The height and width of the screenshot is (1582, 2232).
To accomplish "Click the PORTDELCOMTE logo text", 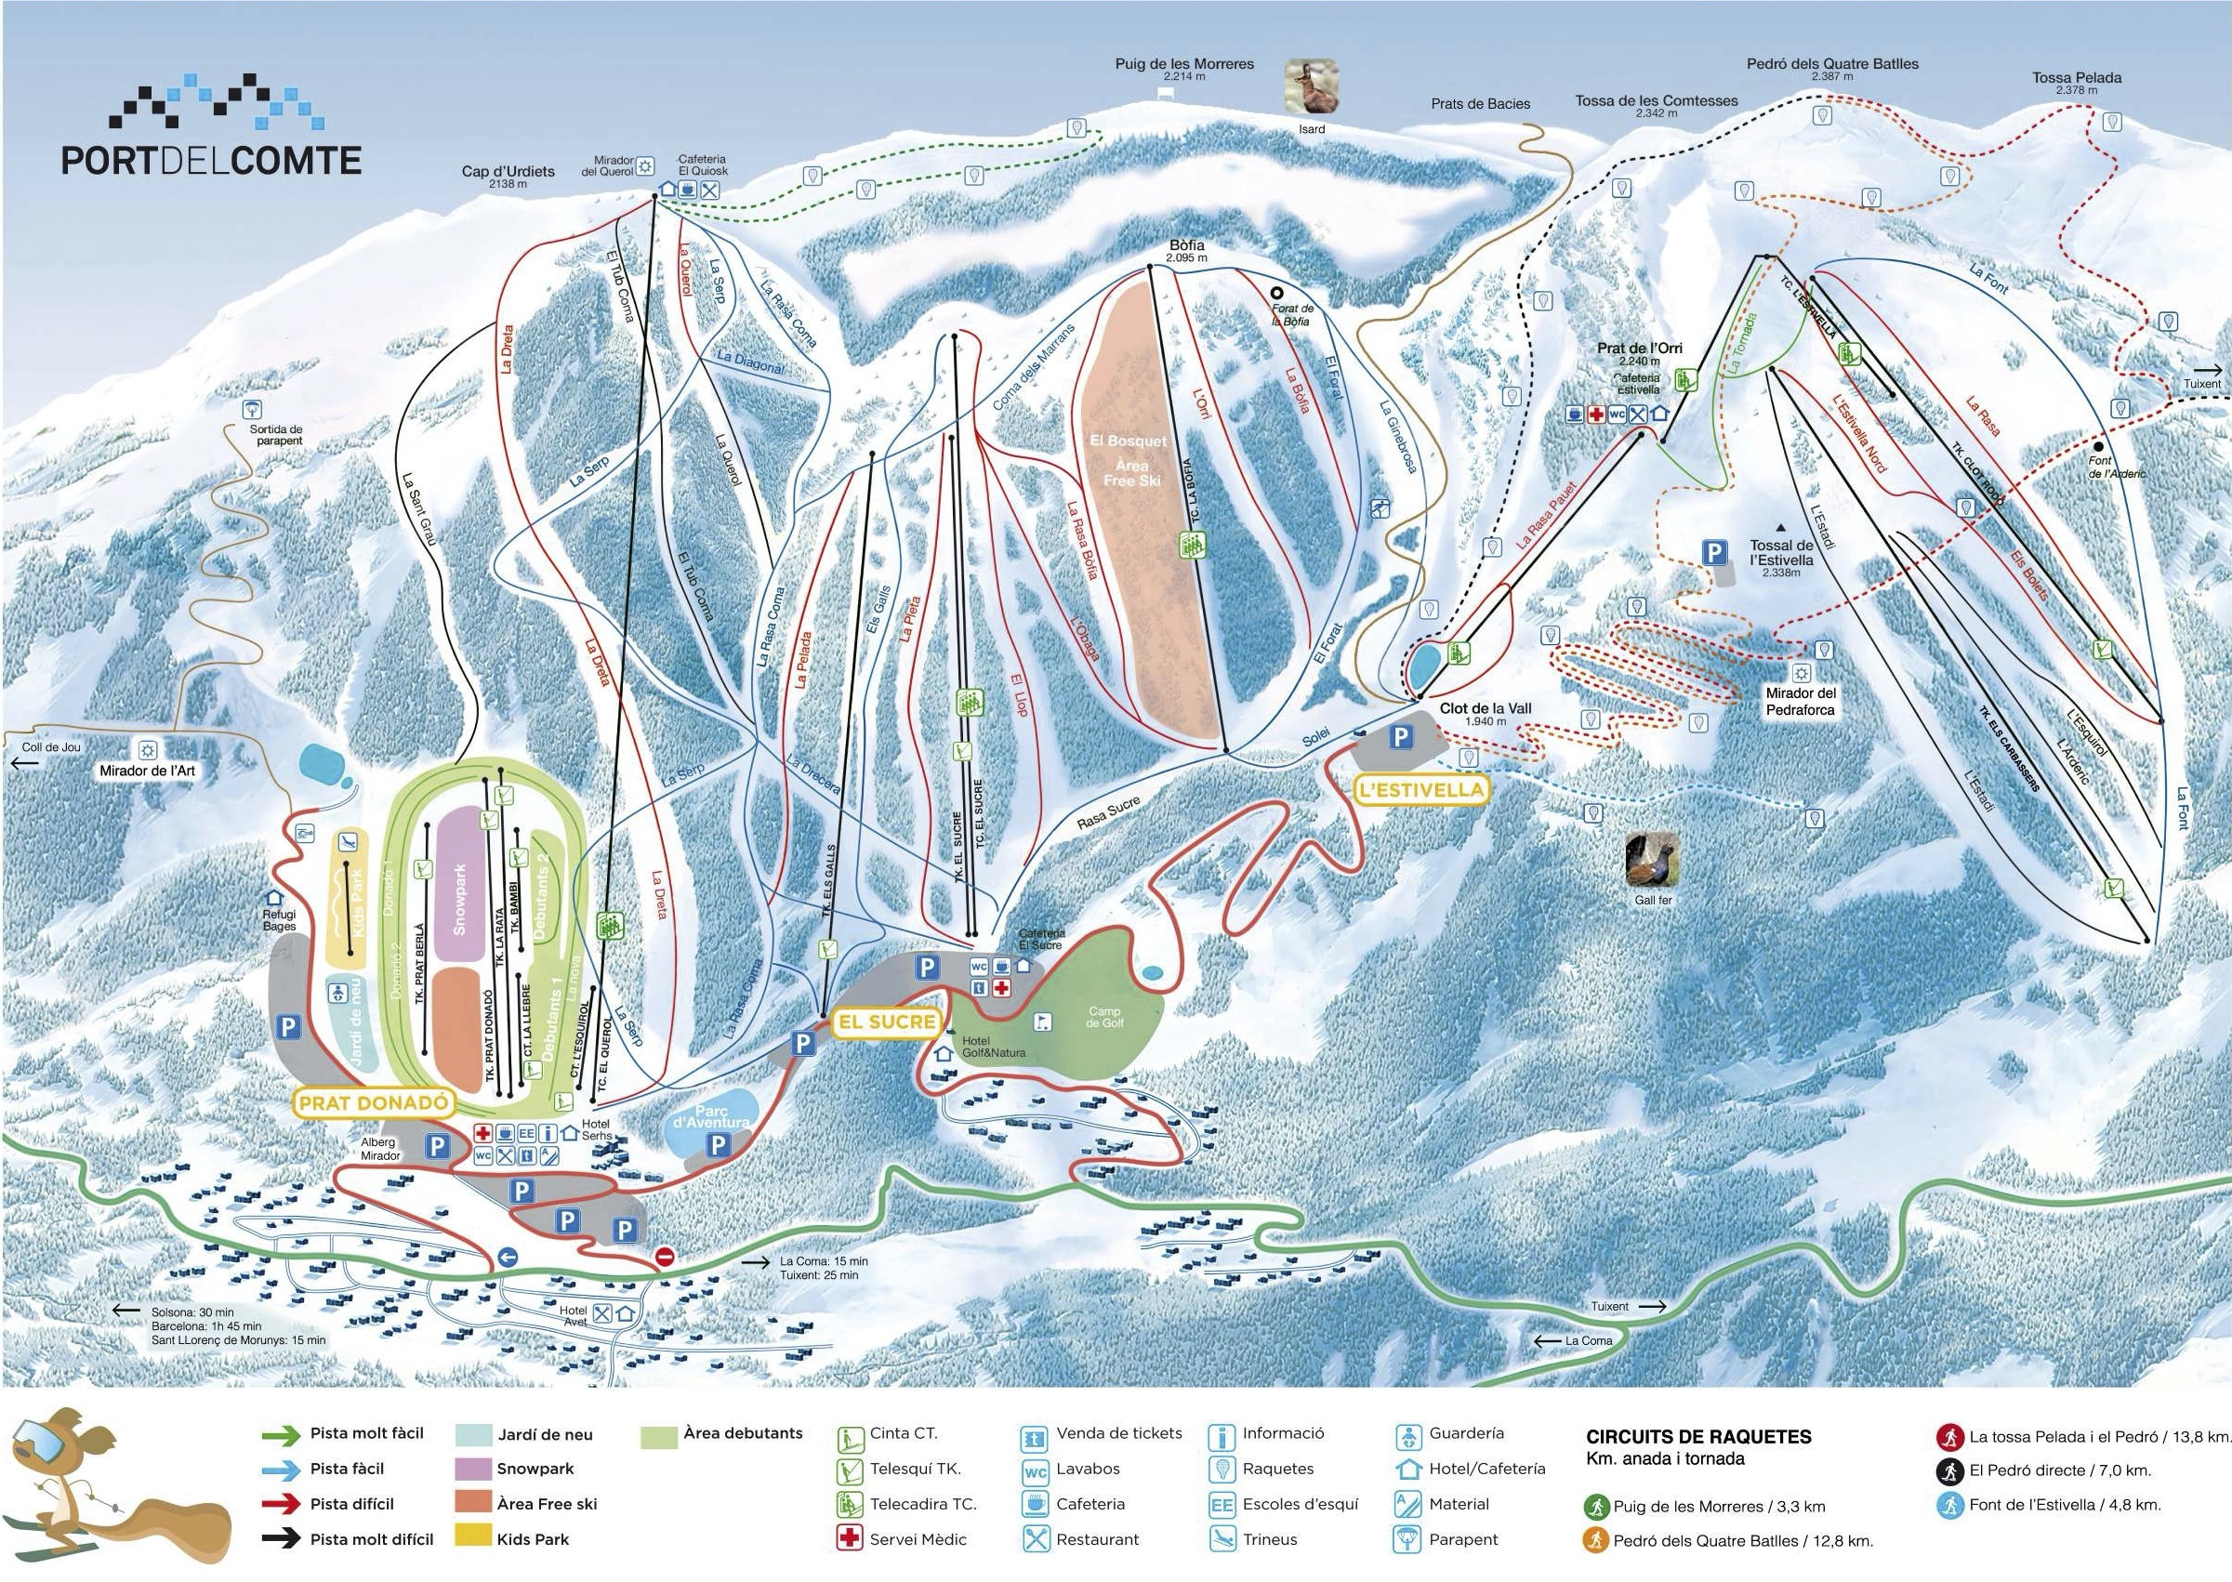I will pyautogui.click(x=211, y=160).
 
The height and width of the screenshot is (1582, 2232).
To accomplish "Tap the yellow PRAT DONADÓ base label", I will pyautogui.click(x=374, y=1102).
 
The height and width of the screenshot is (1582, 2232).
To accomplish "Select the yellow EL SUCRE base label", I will pyautogui.click(x=888, y=1022).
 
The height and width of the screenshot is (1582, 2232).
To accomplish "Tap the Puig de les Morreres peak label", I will pyautogui.click(x=1183, y=64).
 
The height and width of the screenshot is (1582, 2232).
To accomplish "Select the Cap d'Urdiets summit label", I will pyautogui.click(x=508, y=171).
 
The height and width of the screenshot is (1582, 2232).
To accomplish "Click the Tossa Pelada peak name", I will pyautogui.click(x=2076, y=78).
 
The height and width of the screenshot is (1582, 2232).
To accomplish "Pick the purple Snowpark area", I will pyautogui.click(x=460, y=872).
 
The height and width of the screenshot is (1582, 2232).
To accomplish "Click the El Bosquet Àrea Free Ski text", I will pyautogui.click(x=1130, y=460).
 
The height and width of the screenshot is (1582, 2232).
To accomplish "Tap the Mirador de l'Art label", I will pyautogui.click(x=147, y=771).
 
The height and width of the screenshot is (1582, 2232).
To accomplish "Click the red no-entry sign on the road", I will pyautogui.click(x=665, y=1257).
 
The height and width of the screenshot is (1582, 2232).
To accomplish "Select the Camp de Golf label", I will pyautogui.click(x=1103, y=1017).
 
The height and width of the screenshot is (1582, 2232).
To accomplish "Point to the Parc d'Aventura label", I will pyautogui.click(x=711, y=1116).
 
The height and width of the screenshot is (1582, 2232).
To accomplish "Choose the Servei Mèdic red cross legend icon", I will pyautogui.click(x=849, y=1539).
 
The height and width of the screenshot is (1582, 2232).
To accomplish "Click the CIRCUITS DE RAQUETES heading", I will pyautogui.click(x=1698, y=1437).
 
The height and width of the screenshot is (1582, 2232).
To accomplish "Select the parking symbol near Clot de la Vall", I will pyautogui.click(x=1400, y=737).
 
